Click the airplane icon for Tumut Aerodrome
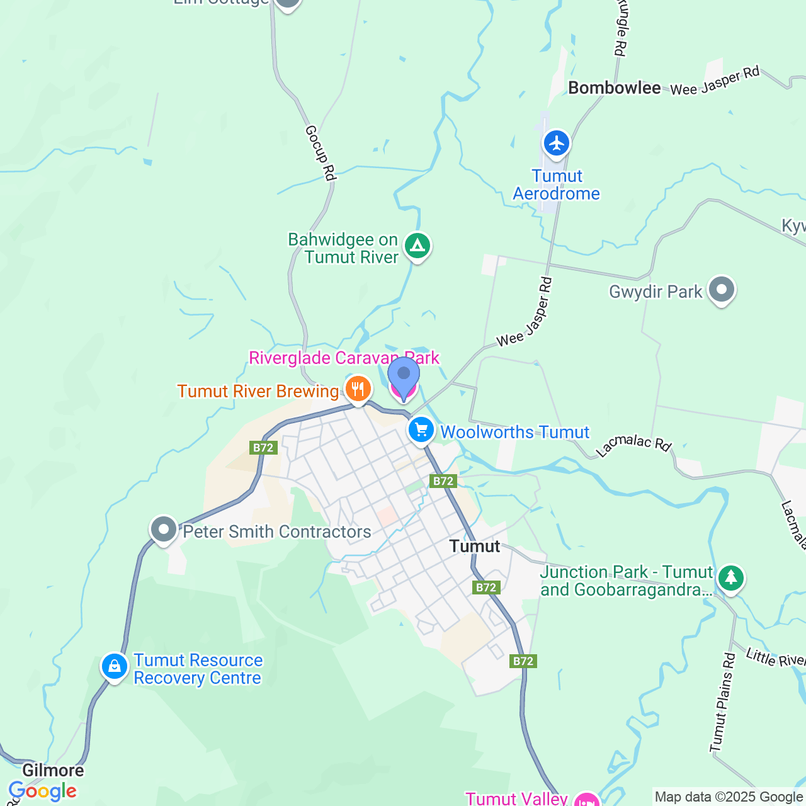[556, 143]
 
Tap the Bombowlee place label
[614, 88]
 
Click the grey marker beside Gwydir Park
[722, 290]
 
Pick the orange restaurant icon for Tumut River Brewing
[358, 389]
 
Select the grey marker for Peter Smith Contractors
[164, 530]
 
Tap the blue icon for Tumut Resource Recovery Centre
[115, 666]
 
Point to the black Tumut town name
[475, 547]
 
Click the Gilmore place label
[53, 771]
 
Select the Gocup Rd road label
[320, 153]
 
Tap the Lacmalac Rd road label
[633, 444]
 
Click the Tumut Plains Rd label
[722, 703]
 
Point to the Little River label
[775, 658]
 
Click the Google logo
[42, 791]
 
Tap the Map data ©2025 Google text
[729, 797]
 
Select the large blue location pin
[404, 377]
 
